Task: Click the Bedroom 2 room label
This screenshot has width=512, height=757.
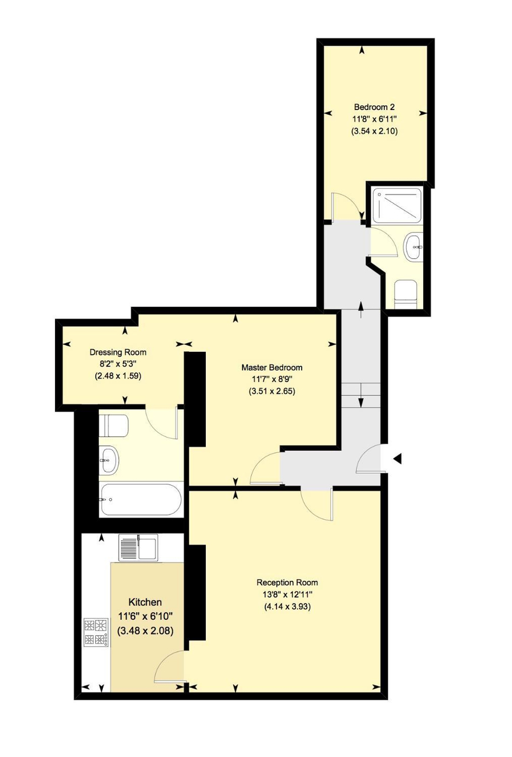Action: pyautogui.click(x=374, y=107)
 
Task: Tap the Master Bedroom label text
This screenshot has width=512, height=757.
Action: pyautogui.click(x=272, y=367)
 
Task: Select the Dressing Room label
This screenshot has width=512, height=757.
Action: pyautogui.click(x=118, y=352)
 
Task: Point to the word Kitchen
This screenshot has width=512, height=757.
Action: pyautogui.click(x=145, y=602)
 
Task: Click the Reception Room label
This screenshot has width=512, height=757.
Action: pyautogui.click(x=287, y=583)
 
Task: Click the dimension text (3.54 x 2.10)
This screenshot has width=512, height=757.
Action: pyautogui.click(x=374, y=131)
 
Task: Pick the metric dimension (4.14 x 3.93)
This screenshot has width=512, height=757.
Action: pyautogui.click(x=287, y=606)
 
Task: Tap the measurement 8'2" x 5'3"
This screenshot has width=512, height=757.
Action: pyautogui.click(x=118, y=364)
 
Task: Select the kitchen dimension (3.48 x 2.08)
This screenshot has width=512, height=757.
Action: pyautogui.click(x=145, y=630)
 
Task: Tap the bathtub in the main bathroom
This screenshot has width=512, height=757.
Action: pyautogui.click(x=141, y=500)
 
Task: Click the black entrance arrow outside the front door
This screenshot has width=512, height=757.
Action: pyautogui.click(x=397, y=458)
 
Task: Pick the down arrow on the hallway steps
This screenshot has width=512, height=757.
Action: pyautogui.click(x=361, y=395)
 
